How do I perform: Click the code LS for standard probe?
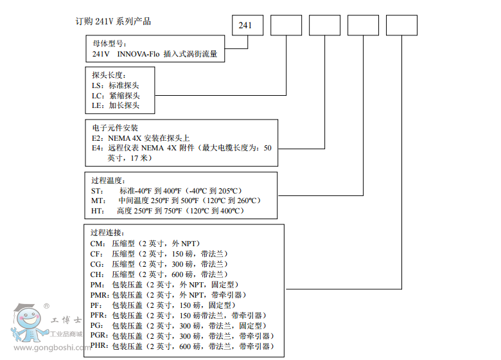(x=97, y=85)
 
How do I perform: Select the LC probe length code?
(x=97, y=95)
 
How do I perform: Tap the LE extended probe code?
(x=97, y=105)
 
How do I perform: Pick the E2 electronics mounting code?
(x=97, y=138)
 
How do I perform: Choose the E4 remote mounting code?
(x=97, y=148)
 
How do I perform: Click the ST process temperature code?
(x=96, y=190)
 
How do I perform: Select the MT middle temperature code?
(x=97, y=201)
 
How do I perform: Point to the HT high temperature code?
(x=97, y=211)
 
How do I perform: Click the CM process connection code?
(x=98, y=243)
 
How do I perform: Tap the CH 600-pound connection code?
(x=98, y=274)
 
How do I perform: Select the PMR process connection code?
(x=100, y=294)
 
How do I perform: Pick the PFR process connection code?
(x=100, y=315)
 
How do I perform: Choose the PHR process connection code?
(x=100, y=346)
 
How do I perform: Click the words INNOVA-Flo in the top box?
(x=137, y=55)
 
